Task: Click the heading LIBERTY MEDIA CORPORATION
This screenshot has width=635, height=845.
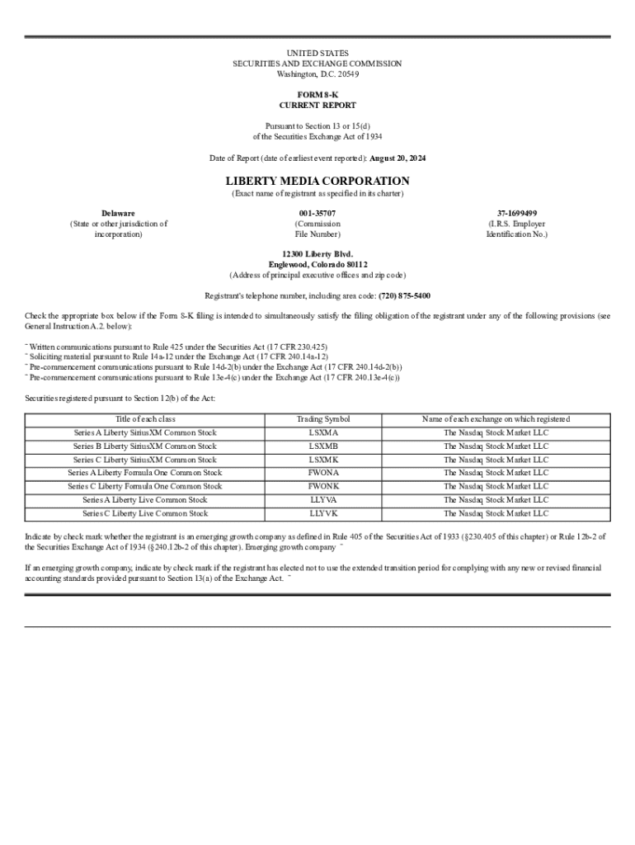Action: click(x=317, y=181)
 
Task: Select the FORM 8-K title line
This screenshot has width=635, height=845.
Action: click(x=317, y=95)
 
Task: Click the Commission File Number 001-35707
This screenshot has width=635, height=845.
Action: click(x=317, y=213)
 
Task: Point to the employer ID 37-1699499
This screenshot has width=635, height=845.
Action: click(x=516, y=213)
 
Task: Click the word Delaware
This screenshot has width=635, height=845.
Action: click(x=119, y=213)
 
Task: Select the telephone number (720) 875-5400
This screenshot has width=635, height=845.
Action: click(x=404, y=295)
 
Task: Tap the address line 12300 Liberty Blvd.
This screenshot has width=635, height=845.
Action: click(x=317, y=253)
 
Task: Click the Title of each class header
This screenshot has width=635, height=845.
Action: click(x=145, y=419)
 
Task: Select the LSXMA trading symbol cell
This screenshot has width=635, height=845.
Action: click(x=323, y=432)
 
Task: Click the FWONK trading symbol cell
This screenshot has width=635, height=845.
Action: click(x=323, y=486)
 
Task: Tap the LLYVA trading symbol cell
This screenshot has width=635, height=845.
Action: click(x=323, y=499)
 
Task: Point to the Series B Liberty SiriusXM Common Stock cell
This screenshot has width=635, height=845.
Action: click(x=145, y=446)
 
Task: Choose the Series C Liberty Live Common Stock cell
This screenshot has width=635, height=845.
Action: click(x=145, y=513)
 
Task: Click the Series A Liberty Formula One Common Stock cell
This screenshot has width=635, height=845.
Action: click(x=145, y=473)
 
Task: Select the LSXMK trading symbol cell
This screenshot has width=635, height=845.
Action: click(x=323, y=460)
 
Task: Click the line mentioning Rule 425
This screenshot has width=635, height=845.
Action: click(x=178, y=347)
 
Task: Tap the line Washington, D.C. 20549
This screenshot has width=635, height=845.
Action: click(x=317, y=73)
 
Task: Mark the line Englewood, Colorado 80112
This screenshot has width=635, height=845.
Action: click(x=317, y=264)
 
